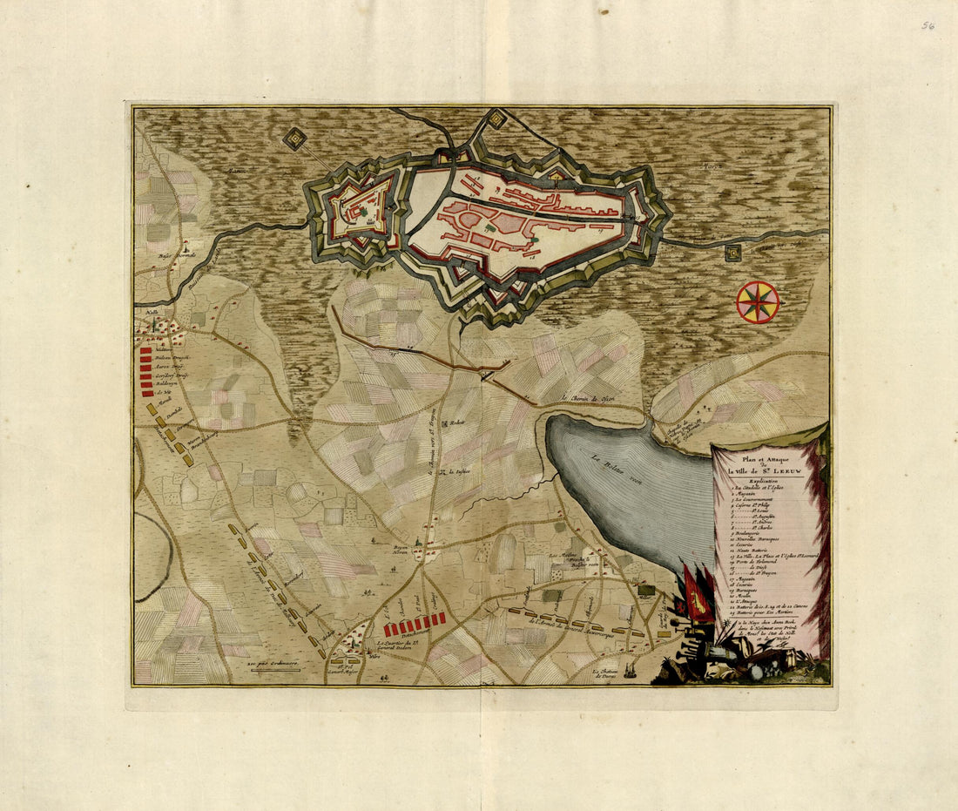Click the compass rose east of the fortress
click(x=757, y=302)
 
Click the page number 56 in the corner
click(x=928, y=26)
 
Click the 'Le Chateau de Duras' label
click(x=610, y=674)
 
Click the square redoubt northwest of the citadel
click(x=294, y=139)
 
